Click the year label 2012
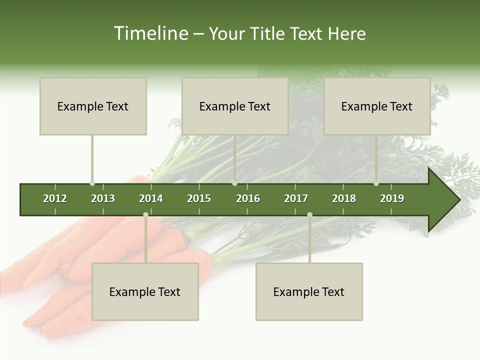55,198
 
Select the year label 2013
103,198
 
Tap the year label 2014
151,198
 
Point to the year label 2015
199,198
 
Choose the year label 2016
248,198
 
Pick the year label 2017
296,198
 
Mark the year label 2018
344,198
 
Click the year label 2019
392,198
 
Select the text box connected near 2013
93,106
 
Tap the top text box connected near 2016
235,106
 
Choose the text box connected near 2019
377,106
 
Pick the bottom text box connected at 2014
145,291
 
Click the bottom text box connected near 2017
309,291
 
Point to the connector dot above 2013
92,183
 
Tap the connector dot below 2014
145,215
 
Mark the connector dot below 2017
309,215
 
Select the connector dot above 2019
376,183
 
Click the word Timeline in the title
150,33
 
